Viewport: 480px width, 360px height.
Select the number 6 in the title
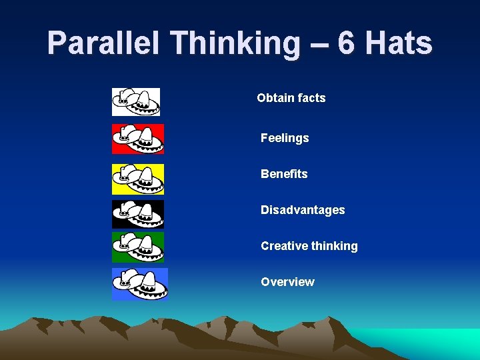tap(346, 44)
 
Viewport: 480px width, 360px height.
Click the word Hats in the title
tap(399, 44)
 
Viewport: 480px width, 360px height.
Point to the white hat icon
tap(136, 101)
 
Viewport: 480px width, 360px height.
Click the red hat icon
tap(137, 138)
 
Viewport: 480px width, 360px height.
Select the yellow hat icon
tap(137, 179)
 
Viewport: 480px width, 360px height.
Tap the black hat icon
tap(137, 214)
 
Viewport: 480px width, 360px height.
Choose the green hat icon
tap(137, 247)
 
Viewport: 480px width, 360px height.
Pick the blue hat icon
tap(139, 283)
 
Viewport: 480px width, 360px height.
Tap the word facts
tap(311, 98)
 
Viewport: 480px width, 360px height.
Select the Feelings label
tap(285, 138)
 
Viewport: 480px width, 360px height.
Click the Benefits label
tap(284, 174)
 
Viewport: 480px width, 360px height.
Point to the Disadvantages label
tap(303, 210)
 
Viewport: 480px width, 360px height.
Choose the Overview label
tap(287, 282)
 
